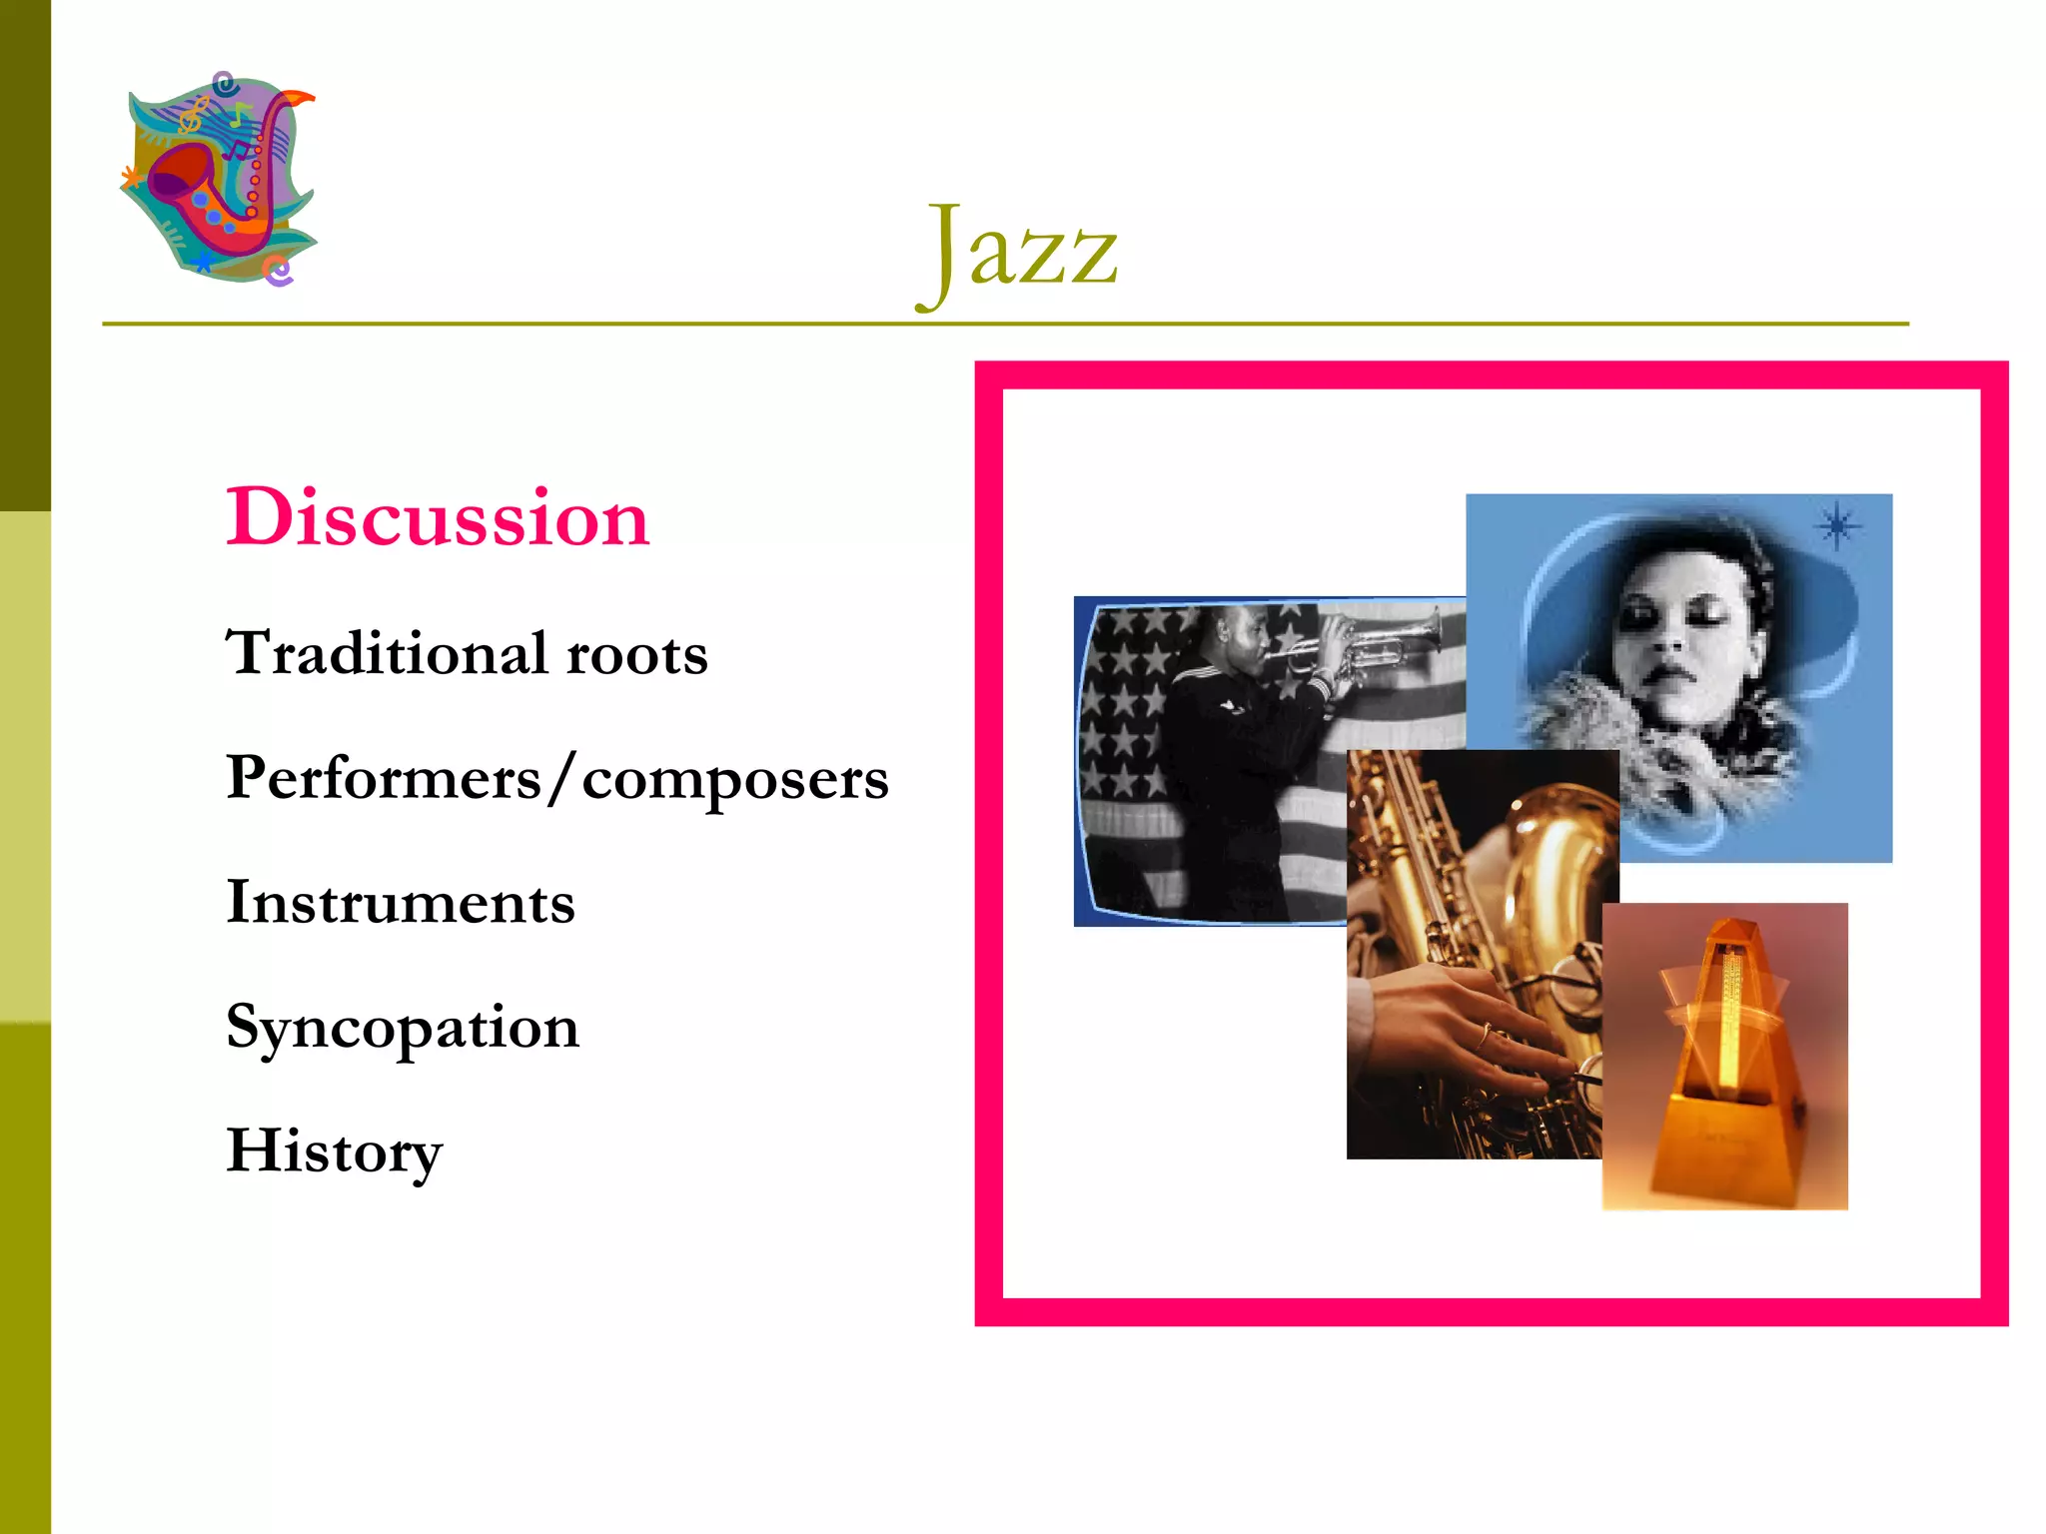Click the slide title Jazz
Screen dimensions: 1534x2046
(x=1017, y=250)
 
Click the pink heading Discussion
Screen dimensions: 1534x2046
(x=438, y=517)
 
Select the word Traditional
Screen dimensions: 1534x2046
(x=387, y=653)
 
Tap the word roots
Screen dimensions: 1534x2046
(x=637, y=655)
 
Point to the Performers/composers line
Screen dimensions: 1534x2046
(x=556, y=778)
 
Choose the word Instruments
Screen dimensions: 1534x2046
(x=401, y=902)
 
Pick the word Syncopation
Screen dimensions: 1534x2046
(x=403, y=1028)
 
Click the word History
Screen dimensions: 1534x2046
(x=335, y=1151)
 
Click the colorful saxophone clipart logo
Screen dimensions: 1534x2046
(x=220, y=180)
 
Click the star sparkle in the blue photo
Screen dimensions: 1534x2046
(x=1837, y=525)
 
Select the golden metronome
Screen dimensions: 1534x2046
(x=1725, y=1059)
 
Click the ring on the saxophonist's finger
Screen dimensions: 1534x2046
(x=1486, y=1036)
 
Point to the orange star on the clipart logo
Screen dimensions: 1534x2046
(x=130, y=178)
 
